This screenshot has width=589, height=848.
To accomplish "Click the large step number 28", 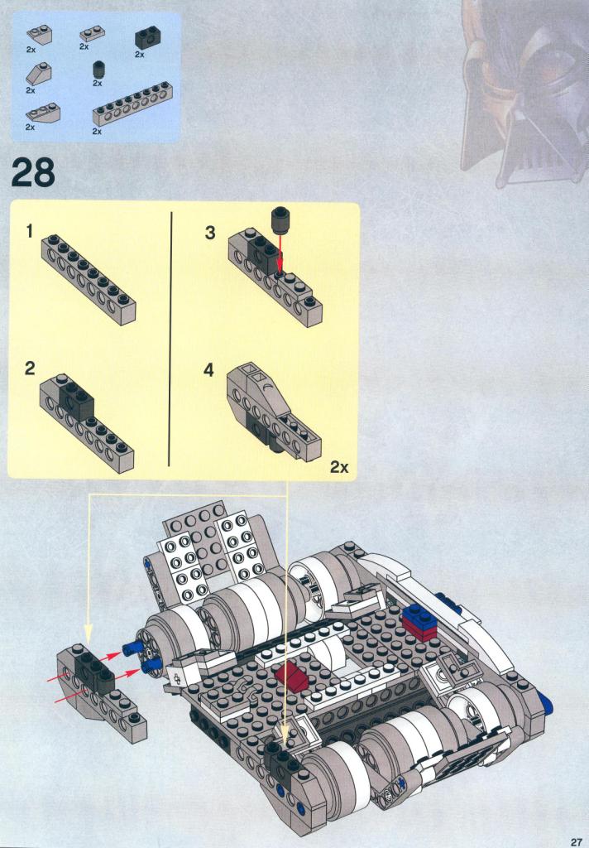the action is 33,172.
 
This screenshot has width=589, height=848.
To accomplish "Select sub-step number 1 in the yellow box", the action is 30,232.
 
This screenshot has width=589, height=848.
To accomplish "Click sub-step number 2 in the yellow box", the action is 30,369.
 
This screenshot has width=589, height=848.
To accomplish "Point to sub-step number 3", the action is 210,233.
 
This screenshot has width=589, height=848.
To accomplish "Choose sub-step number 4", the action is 209,370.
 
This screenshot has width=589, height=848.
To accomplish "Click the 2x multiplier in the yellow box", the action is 339,467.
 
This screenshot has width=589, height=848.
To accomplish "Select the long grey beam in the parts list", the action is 131,105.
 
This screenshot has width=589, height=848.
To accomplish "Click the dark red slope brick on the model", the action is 292,673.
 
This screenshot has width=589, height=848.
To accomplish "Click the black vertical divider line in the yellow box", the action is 170,339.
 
